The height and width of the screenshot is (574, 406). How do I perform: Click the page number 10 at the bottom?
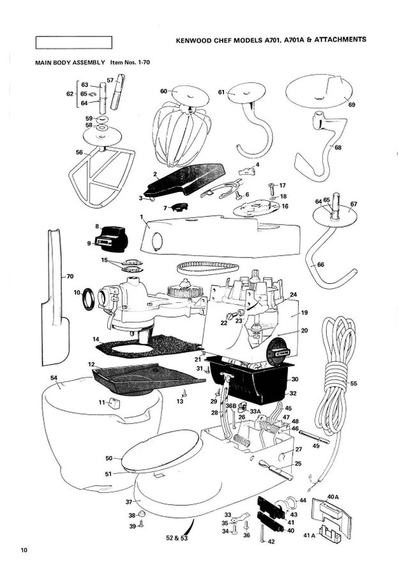(24, 550)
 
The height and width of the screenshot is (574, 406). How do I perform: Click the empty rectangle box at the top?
(75, 43)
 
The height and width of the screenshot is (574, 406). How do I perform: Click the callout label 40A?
(332, 495)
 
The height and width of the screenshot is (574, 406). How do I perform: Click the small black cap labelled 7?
(176, 207)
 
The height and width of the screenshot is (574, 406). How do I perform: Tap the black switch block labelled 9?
(110, 242)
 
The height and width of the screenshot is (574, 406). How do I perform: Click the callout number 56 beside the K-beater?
(80, 152)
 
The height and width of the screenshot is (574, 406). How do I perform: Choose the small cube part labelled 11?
(113, 402)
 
